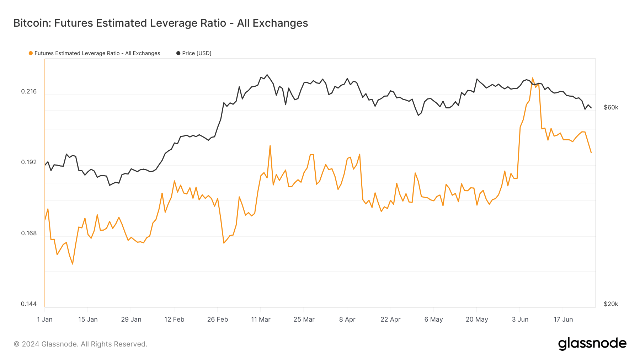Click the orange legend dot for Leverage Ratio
click(31, 53)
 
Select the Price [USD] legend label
click(197, 53)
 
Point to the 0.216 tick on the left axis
click(29, 91)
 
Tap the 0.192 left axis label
click(29, 162)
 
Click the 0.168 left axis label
click(29, 233)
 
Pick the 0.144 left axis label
click(29, 304)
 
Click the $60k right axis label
click(611, 107)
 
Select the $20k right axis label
click(611, 304)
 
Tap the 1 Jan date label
click(45, 319)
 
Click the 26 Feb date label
click(218, 319)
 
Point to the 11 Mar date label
click(261, 319)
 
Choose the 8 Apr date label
click(347, 319)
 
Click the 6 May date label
click(433, 319)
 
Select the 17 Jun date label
click(563, 319)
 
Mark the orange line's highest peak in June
click(532, 78)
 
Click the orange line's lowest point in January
click(73, 264)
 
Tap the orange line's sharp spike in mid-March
click(270, 146)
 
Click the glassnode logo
click(592, 344)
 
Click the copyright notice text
click(80, 344)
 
